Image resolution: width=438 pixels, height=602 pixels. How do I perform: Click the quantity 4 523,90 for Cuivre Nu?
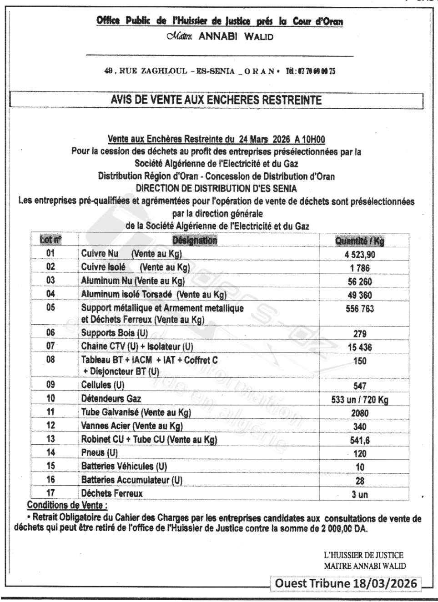(359, 254)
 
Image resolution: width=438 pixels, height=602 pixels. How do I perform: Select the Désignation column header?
(195, 240)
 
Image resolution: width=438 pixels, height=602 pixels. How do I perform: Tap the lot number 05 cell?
(50, 308)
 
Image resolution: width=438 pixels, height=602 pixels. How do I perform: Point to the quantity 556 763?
(359, 309)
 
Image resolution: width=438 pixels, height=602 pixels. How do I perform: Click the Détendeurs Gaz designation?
(111, 399)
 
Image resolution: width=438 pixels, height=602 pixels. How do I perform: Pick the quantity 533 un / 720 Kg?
(359, 400)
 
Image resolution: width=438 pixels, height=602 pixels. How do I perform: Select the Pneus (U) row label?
(99, 453)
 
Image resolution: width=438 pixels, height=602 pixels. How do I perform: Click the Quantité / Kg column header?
(359, 241)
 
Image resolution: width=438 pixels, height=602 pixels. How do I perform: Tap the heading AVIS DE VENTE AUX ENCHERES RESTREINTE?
(216, 100)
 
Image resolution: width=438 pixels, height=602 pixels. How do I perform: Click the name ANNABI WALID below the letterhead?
(236, 37)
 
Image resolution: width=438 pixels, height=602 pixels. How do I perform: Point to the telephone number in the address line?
(310, 71)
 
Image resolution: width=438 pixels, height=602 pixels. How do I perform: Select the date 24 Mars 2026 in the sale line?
(264, 139)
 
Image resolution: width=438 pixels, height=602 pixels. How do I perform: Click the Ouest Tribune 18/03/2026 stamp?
(346, 583)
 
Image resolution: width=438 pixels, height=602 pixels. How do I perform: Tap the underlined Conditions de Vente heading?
(67, 505)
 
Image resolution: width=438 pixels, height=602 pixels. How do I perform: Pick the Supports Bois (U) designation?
(114, 333)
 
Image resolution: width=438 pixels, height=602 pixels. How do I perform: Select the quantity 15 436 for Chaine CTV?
(359, 347)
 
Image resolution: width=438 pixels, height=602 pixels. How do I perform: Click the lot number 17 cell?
(50, 493)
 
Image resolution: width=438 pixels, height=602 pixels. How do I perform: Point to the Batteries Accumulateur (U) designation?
(131, 480)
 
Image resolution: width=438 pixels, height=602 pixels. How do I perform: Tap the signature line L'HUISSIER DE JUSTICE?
(363, 555)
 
